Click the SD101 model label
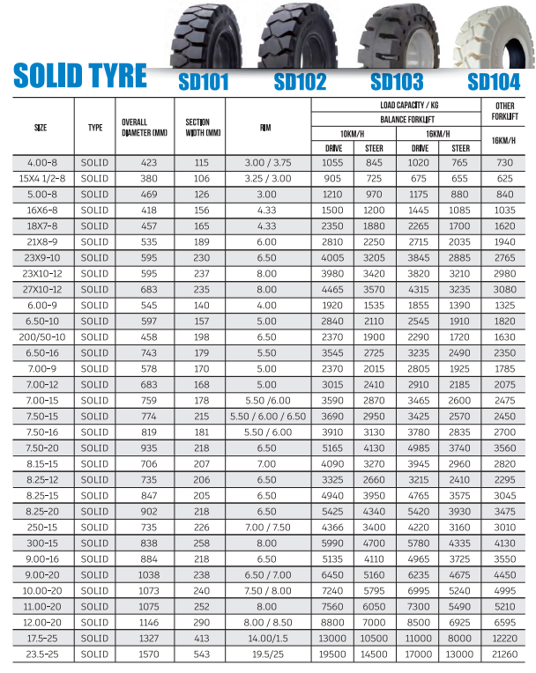tap(204, 82)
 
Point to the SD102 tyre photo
tap(296, 33)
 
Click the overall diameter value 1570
tap(144, 655)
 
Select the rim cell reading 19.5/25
tap(267, 655)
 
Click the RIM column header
tap(266, 126)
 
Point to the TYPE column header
tap(95, 126)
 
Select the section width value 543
tap(201, 655)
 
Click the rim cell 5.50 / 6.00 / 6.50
tap(267, 417)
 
